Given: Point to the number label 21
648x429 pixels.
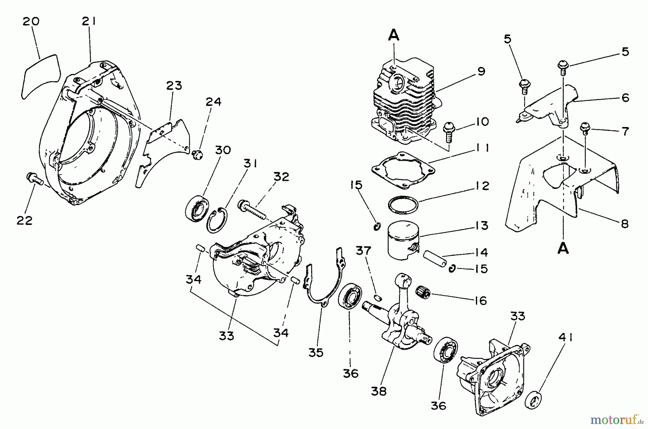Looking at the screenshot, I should pyautogui.click(x=89, y=22).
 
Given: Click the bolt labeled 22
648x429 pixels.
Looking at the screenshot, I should pyautogui.click(x=34, y=178).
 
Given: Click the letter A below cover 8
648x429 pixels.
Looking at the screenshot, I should pyautogui.click(x=563, y=248).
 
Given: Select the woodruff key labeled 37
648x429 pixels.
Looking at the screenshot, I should pyautogui.click(x=378, y=297).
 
